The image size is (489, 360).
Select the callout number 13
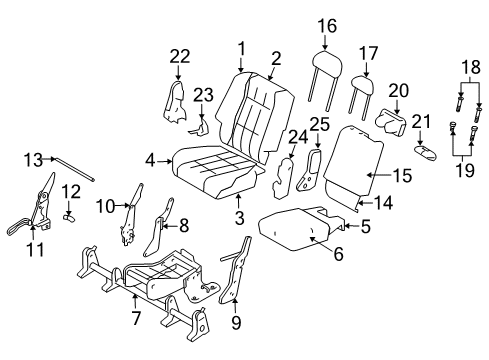coord(33,157)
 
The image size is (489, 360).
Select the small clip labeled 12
coord(70,211)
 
